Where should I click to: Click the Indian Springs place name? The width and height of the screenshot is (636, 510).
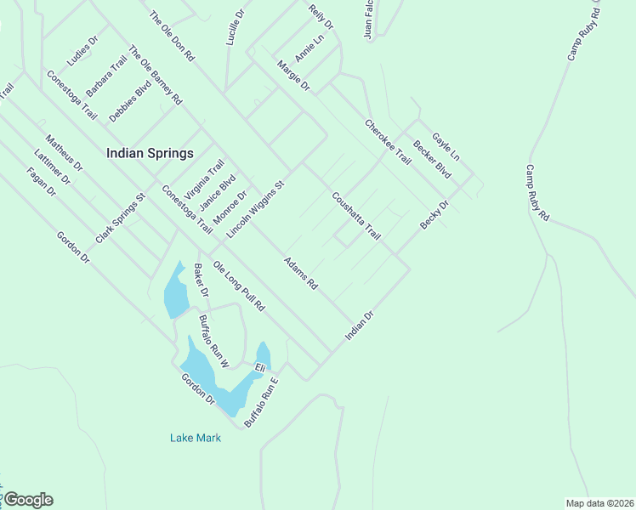click(150, 154)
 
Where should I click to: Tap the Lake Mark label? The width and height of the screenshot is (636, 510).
click(196, 438)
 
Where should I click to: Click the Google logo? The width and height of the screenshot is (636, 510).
click(28, 500)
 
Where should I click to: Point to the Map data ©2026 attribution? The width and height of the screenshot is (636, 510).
click(599, 503)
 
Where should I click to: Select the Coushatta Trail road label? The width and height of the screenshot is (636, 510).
click(356, 215)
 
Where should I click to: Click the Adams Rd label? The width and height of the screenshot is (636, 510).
click(300, 274)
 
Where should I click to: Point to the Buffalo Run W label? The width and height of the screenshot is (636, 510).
click(214, 341)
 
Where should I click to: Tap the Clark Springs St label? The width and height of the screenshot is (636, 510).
click(122, 218)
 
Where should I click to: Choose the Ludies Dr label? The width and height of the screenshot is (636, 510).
click(83, 50)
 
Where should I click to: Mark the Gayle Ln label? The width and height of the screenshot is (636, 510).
click(445, 146)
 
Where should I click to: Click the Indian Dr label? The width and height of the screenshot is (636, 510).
click(360, 326)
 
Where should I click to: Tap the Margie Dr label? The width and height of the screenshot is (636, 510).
click(293, 75)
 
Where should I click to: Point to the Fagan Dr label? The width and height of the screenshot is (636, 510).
click(41, 181)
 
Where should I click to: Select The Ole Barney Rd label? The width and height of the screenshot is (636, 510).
click(155, 75)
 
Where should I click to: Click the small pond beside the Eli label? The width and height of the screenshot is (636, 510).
click(264, 354)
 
